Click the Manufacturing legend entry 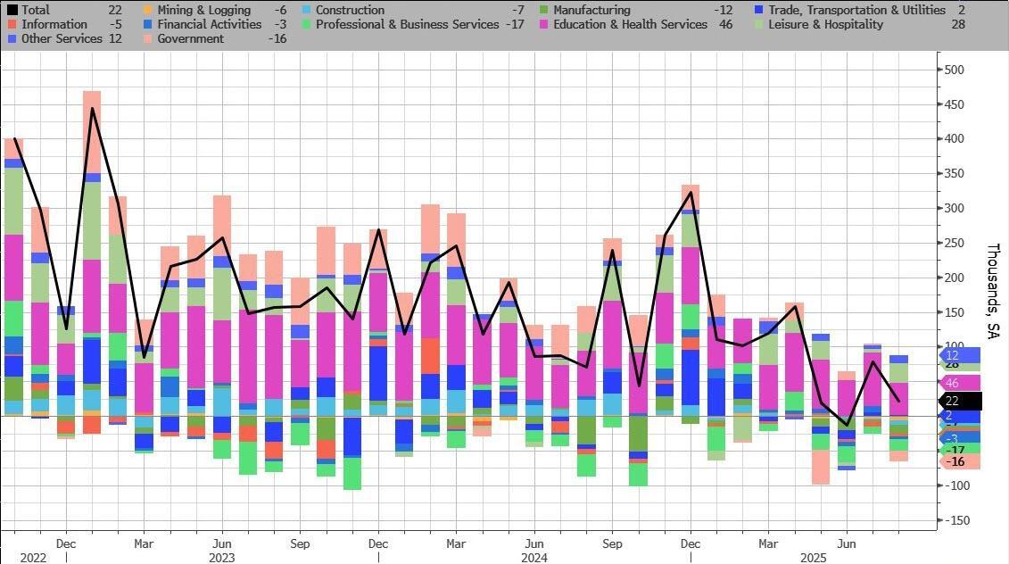[591, 10]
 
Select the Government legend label [190, 38]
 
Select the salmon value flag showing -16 [957, 461]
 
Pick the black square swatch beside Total [12, 10]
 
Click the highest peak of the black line [93, 109]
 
